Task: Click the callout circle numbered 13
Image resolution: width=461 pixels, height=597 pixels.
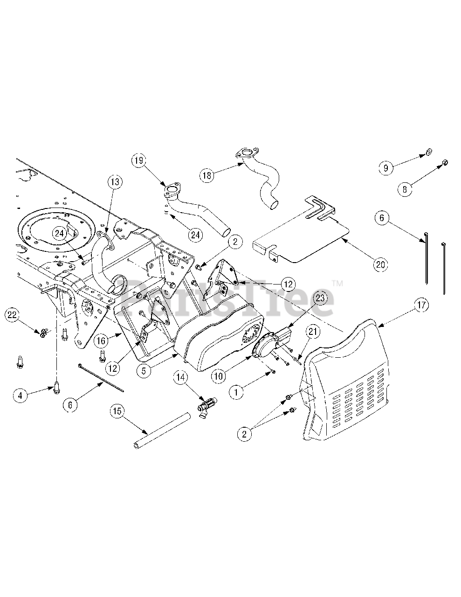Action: coord(115,182)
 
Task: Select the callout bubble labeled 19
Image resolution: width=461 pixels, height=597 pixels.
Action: coord(139,161)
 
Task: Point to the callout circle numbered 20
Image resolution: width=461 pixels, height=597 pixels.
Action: coord(380,264)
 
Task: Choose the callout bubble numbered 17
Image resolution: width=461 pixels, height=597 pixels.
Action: coord(421,306)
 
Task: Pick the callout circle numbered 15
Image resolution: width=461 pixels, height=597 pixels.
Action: coord(118,411)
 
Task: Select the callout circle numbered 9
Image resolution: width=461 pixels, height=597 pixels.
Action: coord(386,168)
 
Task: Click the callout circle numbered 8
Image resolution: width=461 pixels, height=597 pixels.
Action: coord(405,189)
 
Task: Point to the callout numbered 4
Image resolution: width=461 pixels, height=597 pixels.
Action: coord(20,396)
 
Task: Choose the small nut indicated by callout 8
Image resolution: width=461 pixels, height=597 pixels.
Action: coord(445,162)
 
